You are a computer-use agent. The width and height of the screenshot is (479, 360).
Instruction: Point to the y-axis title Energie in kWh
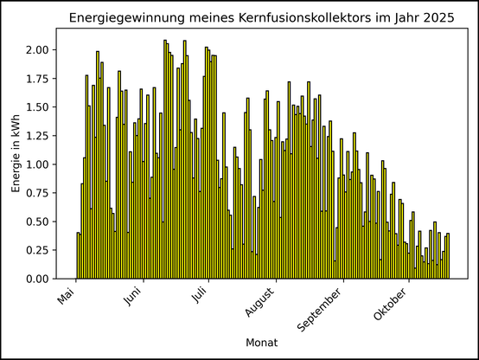click(x=16, y=153)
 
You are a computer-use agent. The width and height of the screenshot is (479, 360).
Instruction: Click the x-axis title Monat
click(x=261, y=343)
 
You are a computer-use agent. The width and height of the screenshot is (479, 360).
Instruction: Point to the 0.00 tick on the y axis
click(x=37, y=280)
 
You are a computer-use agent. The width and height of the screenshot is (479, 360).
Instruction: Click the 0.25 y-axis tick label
click(x=37, y=251)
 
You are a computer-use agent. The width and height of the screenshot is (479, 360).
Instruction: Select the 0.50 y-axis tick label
click(x=37, y=222)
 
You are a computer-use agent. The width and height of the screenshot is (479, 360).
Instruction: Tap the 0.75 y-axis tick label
click(x=37, y=193)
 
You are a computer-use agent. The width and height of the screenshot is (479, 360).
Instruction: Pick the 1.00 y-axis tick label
click(x=37, y=164)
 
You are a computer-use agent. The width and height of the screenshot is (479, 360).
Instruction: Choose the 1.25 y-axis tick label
click(x=37, y=136)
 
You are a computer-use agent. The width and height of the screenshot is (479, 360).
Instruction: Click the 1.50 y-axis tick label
click(x=37, y=107)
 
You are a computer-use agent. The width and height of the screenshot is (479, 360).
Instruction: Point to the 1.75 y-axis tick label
click(x=37, y=79)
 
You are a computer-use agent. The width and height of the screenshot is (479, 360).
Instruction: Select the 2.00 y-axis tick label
click(x=37, y=50)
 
